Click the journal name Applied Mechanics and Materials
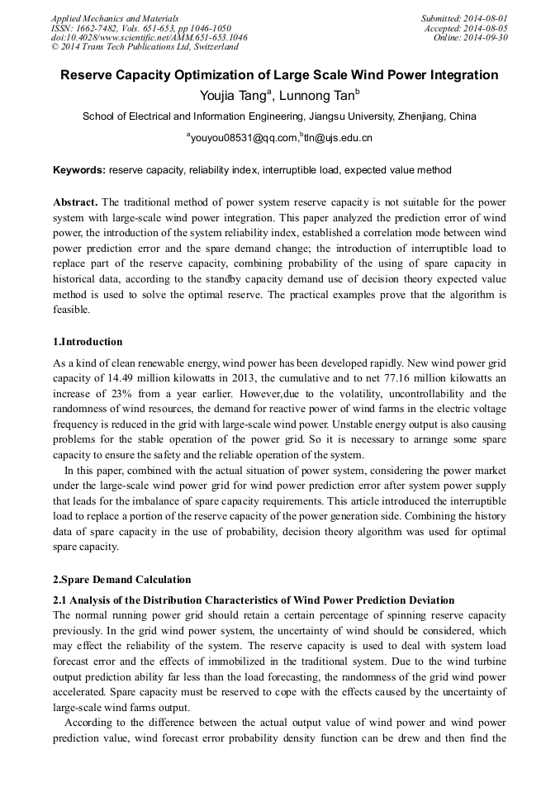point(114,18)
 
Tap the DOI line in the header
point(149,38)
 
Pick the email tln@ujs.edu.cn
point(338,139)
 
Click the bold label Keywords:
point(78,171)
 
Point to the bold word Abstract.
point(74,202)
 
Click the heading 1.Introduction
point(88,342)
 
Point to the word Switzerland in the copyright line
point(210,48)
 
